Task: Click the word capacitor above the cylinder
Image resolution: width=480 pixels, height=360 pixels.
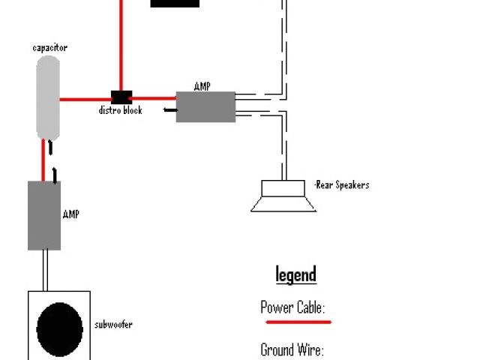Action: click(50, 48)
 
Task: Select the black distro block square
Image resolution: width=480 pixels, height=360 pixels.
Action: click(121, 97)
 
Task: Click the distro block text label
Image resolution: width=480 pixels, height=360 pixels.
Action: click(121, 110)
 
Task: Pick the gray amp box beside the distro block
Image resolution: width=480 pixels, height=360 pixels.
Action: click(205, 106)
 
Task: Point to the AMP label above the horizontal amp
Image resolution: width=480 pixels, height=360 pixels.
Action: click(202, 86)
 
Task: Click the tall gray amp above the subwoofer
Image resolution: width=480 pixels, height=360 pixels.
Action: click(44, 215)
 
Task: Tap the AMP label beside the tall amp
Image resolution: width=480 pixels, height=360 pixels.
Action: click(71, 214)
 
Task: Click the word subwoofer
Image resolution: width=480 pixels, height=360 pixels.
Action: click(113, 325)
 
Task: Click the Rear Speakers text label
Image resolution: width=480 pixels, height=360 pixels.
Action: click(342, 184)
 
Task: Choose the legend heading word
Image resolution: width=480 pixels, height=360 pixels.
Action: click(295, 274)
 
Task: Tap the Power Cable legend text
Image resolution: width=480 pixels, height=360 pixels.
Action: click(292, 307)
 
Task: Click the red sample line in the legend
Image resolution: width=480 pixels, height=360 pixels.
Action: click(298, 322)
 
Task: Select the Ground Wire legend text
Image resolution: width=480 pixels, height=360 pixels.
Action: click(292, 349)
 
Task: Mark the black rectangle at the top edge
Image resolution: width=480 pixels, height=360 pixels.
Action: click(175, 3)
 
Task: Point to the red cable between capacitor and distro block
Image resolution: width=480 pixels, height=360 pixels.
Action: click(85, 98)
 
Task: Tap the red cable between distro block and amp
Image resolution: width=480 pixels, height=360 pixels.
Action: click(154, 97)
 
